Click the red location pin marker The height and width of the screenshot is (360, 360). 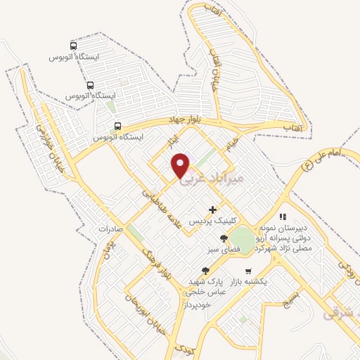click(x=181, y=165)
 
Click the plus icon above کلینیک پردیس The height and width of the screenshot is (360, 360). click(x=212, y=210)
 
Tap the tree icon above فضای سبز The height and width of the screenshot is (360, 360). click(x=224, y=238)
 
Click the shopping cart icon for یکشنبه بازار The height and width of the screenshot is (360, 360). click(x=247, y=271)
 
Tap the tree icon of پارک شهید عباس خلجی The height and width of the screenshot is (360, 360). click(x=205, y=271)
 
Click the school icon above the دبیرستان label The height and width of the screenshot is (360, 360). click(x=283, y=217)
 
